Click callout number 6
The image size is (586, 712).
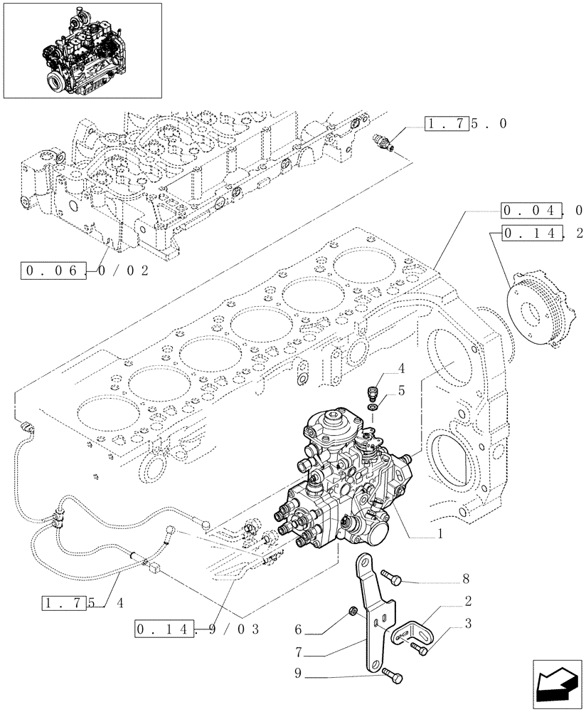tap(298, 629)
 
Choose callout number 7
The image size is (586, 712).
tap(298, 651)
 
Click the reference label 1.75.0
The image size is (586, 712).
tap(466, 123)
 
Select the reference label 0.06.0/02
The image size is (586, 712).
tap(86, 271)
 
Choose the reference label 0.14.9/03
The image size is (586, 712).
tap(195, 629)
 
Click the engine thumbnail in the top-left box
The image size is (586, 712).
tap(81, 51)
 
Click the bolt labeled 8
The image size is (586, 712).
tap(391, 577)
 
